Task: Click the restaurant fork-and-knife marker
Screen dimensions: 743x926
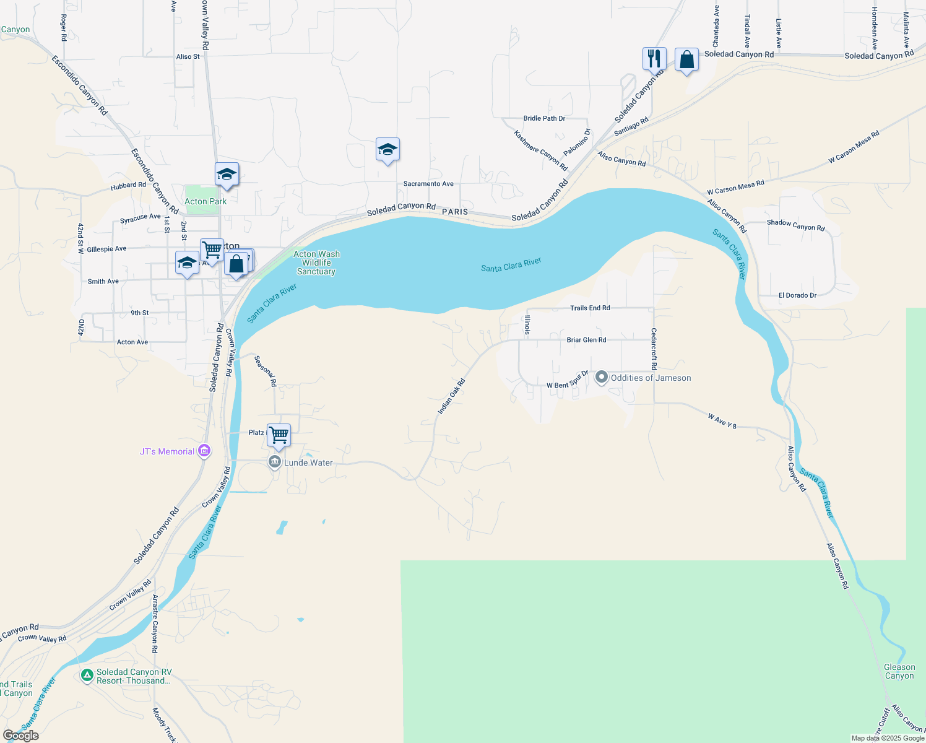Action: (654, 59)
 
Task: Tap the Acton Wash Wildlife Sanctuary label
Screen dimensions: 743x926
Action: (316, 263)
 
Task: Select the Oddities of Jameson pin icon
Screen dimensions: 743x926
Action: (601, 377)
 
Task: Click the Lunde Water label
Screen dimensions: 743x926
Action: (308, 463)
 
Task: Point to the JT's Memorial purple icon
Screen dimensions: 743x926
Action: (204, 451)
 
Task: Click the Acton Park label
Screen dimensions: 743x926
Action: (206, 201)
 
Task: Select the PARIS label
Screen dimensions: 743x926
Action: (455, 212)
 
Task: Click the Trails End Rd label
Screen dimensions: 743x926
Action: (590, 308)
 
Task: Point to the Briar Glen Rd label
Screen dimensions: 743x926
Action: (586, 340)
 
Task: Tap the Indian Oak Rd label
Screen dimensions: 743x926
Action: (451, 396)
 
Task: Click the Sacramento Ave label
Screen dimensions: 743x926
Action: (428, 184)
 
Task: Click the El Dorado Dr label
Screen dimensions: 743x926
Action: (797, 295)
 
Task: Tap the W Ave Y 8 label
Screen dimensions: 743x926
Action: (722, 421)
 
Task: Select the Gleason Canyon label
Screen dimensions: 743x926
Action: (899, 671)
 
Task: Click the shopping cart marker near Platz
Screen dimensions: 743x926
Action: (279, 436)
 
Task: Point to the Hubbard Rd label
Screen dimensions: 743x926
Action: (128, 186)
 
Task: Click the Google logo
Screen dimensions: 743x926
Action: (21, 736)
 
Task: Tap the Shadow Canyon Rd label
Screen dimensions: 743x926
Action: (795, 225)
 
